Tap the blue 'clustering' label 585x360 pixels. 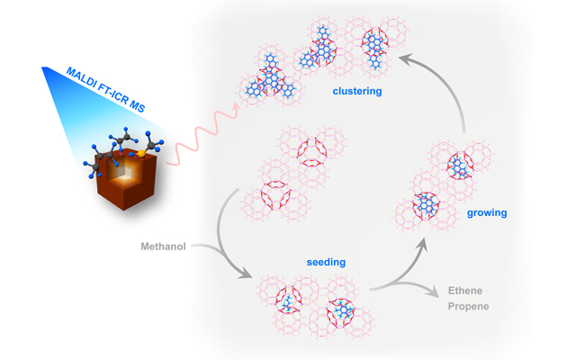point(357,92)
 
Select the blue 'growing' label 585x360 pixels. point(487,213)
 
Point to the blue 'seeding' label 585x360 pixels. point(325,262)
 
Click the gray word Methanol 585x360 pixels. point(163,246)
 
